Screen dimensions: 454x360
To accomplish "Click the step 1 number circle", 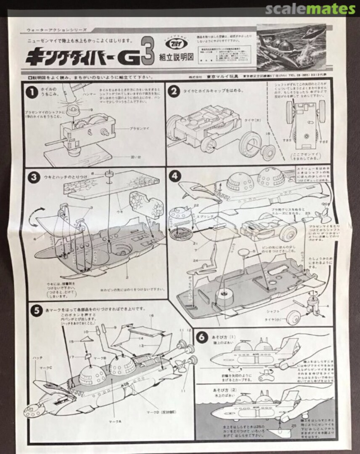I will pos(31,92).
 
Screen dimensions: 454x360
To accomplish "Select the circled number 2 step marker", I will pos(174,92).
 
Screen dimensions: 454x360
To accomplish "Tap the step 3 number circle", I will pos(32,177).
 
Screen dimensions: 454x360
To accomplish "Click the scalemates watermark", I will pos(310,9).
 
